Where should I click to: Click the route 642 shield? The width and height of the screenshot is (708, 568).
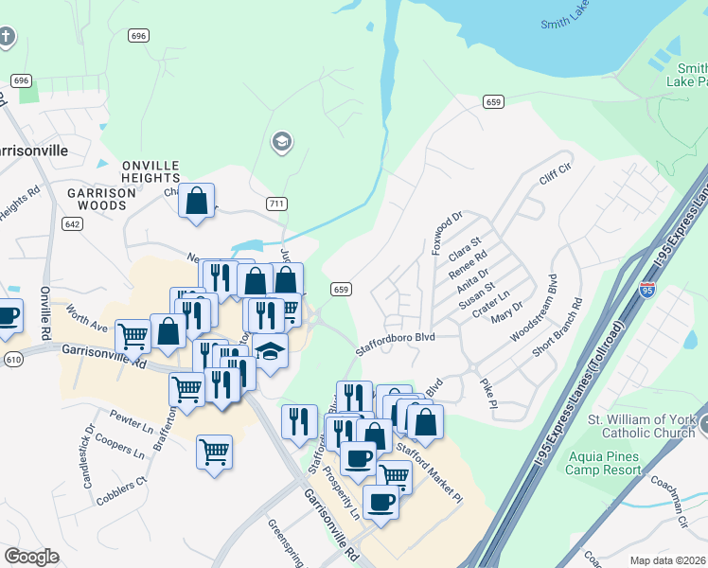pyautogui.click(x=72, y=223)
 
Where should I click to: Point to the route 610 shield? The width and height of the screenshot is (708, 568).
pyautogui.click(x=13, y=359)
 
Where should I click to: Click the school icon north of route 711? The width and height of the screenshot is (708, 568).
pyautogui.click(x=281, y=143)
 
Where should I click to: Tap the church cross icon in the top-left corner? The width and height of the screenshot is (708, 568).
pyautogui.click(x=7, y=38)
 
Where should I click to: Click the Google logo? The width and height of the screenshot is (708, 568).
pyautogui.click(x=31, y=557)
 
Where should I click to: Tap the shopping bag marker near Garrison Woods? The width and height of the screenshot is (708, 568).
pyautogui.click(x=196, y=201)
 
